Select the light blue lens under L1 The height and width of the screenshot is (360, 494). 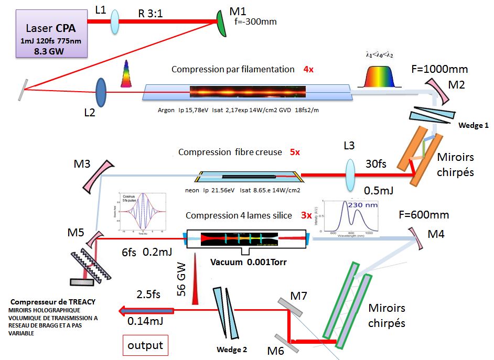pyautogui.click(x=115, y=23)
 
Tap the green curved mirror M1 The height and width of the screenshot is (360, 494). pyautogui.click(x=223, y=24)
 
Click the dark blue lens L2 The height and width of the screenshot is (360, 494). pyautogui.click(x=102, y=93)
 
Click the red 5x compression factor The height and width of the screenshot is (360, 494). pyautogui.click(x=295, y=152)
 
